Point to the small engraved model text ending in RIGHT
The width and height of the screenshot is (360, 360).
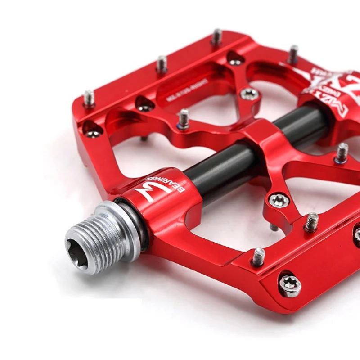pyautogui.click(x=187, y=90)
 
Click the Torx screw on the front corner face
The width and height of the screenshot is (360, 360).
pyautogui.click(x=290, y=285)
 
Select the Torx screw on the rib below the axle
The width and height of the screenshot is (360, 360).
pyautogui.click(x=279, y=200)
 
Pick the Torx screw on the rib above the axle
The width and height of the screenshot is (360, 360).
pyautogui.click(x=249, y=94)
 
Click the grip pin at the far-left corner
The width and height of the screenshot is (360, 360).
pyautogui.click(x=89, y=99)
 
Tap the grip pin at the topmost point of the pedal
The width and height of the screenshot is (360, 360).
pyautogui.click(x=217, y=36)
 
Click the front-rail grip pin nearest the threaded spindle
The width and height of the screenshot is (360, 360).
pyautogui.click(x=258, y=256)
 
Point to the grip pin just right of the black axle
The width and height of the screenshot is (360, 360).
pyautogui.click(x=342, y=152)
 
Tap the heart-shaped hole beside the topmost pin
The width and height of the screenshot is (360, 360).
pyautogui.click(x=235, y=58)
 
